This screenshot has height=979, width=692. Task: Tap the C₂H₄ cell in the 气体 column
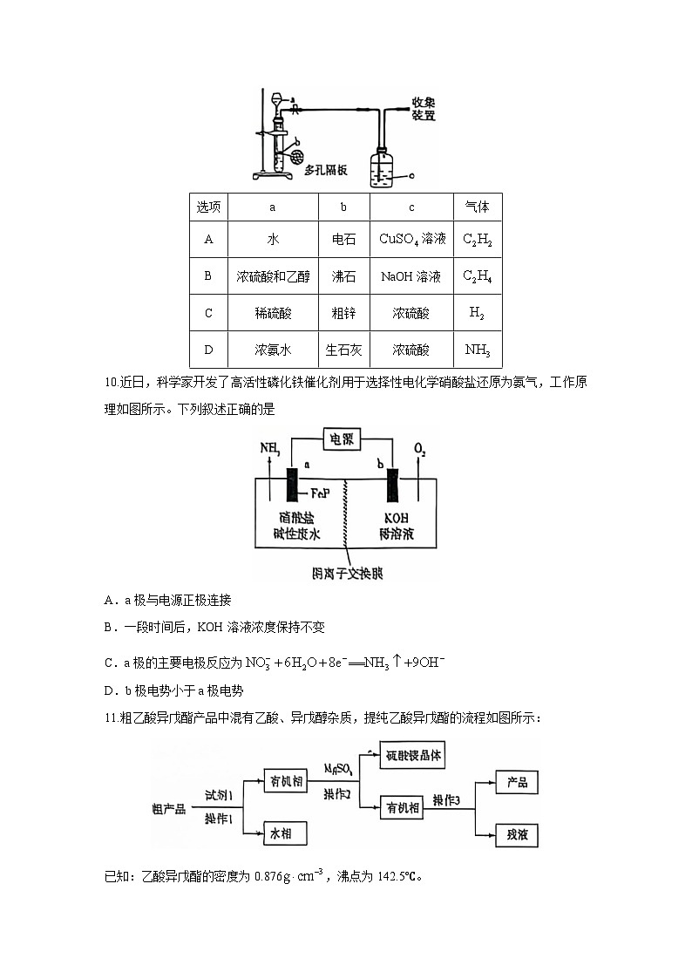coord(478,276)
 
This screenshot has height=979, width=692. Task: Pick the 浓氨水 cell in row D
coord(272,350)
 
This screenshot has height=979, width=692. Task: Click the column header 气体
coord(478,207)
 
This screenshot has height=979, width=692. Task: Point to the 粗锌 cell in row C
coord(343,313)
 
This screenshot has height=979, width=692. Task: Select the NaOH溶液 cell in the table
coord(411,276)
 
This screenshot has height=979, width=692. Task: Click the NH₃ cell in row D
coord(478,350)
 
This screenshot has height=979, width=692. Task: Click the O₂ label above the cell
coord(420,451)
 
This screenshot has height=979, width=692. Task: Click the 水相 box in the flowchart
coord(287,834)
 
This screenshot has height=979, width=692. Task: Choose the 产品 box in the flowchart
coord(517,782)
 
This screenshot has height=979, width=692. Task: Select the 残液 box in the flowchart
coord(517,834)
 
